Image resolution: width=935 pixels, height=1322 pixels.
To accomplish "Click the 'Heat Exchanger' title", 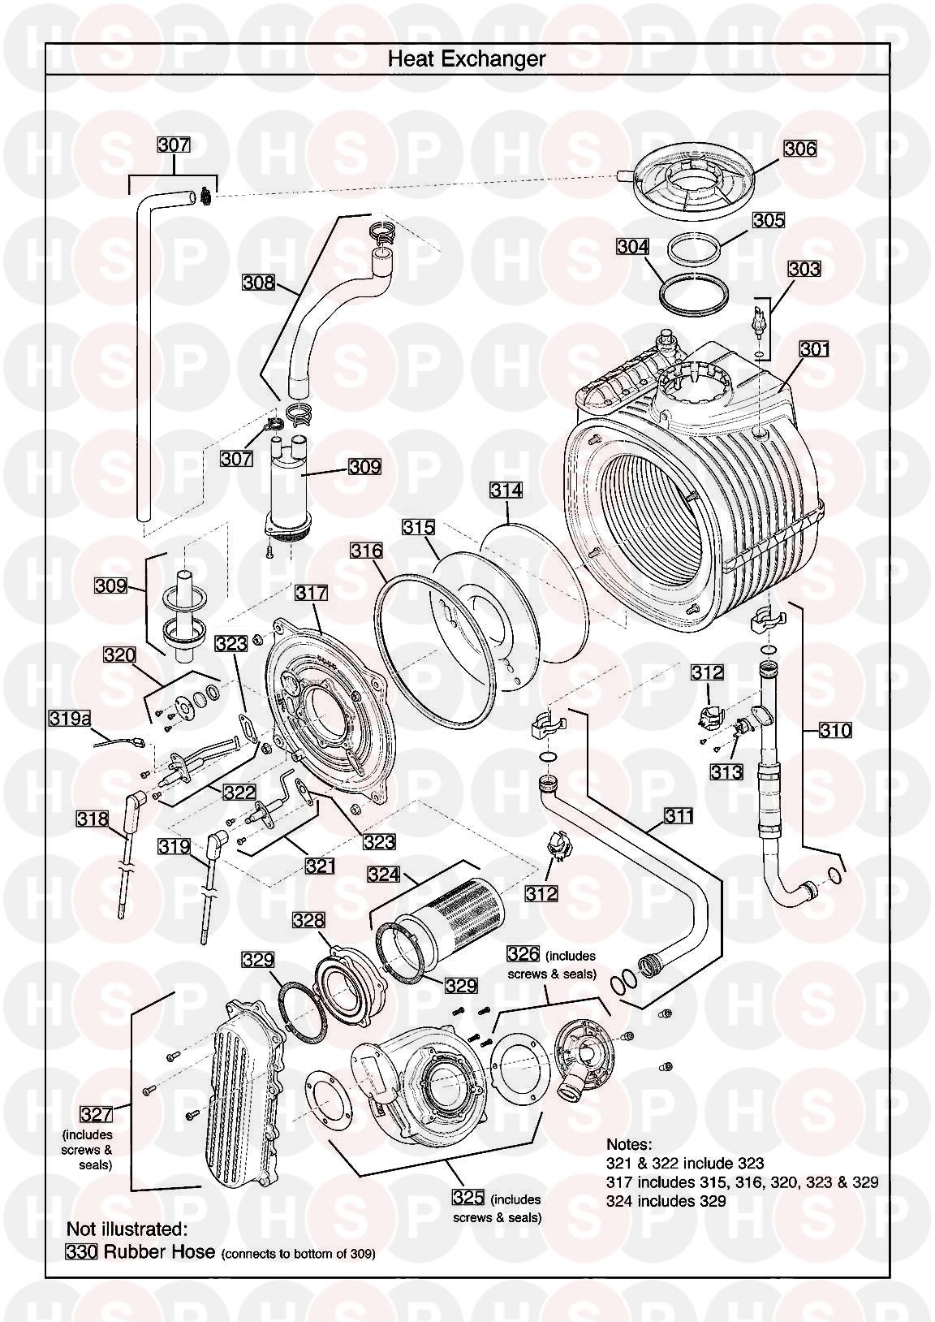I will point(466,58).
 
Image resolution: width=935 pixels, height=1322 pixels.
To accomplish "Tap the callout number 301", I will point(814,349).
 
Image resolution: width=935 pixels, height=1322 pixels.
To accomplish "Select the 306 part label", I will point(799,149).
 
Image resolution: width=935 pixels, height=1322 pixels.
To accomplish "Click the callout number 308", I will point(258,283).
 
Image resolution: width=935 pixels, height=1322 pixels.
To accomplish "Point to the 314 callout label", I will point(506,490).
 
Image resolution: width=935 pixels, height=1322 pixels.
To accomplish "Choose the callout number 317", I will point(311,593).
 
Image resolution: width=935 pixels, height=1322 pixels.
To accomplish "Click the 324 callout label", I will point(384,875).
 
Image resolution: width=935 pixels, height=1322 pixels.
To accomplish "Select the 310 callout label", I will point(835,730).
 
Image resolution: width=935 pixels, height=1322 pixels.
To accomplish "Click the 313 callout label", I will point(726,771).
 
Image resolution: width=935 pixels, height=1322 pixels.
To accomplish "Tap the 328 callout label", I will point(308,920).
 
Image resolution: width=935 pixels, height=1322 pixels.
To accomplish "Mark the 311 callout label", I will point(678,815).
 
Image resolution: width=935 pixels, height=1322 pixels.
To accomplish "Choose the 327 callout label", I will point(95,1112).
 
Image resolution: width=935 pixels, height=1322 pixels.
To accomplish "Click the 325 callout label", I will point(468,1198).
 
